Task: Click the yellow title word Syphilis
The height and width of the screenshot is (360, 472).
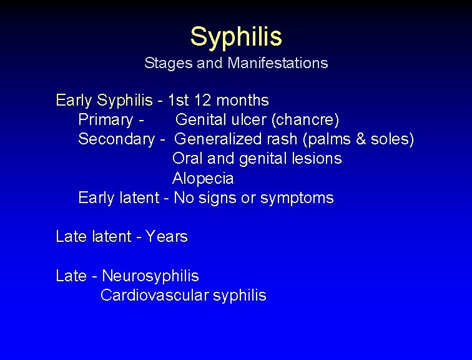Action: click(x=236, y=36)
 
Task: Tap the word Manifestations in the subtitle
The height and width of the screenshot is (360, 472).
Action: click(x=278, y=63)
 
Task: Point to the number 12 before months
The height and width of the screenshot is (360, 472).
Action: click(x=203, y=100)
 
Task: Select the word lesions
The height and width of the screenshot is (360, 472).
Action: click(x=317, y=159)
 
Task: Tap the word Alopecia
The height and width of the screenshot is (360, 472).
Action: click(x=203, y=179)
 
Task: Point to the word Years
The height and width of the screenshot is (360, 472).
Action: click(x=167, y=237)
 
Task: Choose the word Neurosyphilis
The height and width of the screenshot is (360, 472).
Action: click(x=150, y=276)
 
